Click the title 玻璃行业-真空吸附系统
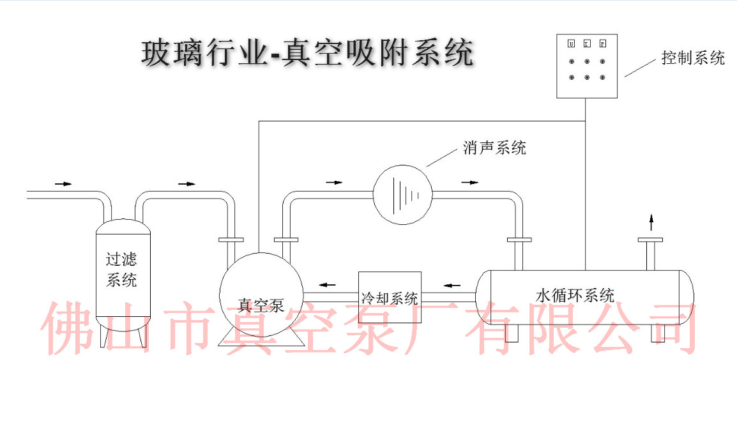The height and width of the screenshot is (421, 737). click(x=307, y=53)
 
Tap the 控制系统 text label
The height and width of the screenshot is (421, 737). click(x=693, y=58)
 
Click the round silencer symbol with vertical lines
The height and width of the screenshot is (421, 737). click(x=402, y=194)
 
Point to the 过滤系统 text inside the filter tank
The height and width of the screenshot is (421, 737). click(x=121, y=270)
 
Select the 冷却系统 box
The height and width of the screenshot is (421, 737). click(x=389, y=297)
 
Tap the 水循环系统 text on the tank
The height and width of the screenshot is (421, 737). click(x=575, y=296)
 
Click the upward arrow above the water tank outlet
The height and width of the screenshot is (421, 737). click(x=651, y=222)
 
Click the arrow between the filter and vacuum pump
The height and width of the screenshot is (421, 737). click(x=186, y=184)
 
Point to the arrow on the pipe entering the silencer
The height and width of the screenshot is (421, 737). click(x=333, y=183)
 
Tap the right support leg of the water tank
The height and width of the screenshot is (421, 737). click(x=658, y=333)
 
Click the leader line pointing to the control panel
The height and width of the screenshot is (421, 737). click(x=639, y=68)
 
